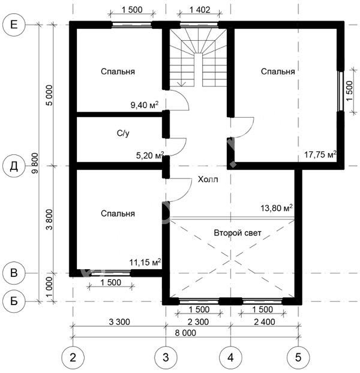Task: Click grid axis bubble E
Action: (x=14, y=25)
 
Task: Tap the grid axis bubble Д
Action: (x=14, y=166)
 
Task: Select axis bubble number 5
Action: (x=298, y=357)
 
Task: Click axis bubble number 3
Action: (x=166, y=357)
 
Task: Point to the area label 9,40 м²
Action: (x=145, y=105)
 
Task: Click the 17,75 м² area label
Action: (x=320, y=154)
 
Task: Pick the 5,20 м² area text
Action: (x=150, y=156)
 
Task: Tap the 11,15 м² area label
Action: (x=145, y=262)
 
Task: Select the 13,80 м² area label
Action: (x=277, y=208)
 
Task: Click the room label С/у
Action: (x=123, y=133)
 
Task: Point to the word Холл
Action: (x=208, y=179)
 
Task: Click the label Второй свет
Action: (x=238, y=232)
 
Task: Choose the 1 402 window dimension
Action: (x=200, y=10)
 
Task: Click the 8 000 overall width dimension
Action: (x=185, y=333)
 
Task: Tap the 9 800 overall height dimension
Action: (x=35, y=163)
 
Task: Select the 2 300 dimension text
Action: (x=198, y=322)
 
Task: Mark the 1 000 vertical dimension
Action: (x=49, y=287)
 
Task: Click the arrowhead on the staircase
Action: (x=182, y=83)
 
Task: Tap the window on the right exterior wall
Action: (x=341, y=91)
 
